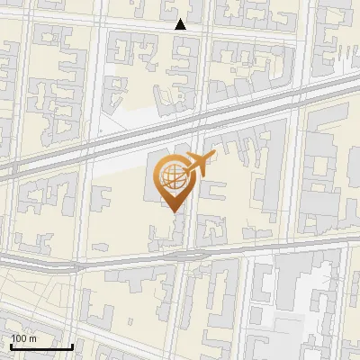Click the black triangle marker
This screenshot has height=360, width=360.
click(181, 24)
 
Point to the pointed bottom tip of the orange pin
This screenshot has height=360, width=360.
click(173, 211)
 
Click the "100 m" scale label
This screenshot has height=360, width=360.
click(24, 338)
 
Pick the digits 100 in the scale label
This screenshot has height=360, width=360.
click(19, 338)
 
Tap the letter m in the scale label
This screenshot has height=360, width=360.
click(32, 338)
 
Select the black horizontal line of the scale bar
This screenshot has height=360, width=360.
click(41, 346)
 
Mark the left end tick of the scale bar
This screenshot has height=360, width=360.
click(11, 345)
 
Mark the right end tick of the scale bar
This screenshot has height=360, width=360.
click(73, 345)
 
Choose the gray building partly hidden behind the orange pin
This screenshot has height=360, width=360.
click(151, 180)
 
